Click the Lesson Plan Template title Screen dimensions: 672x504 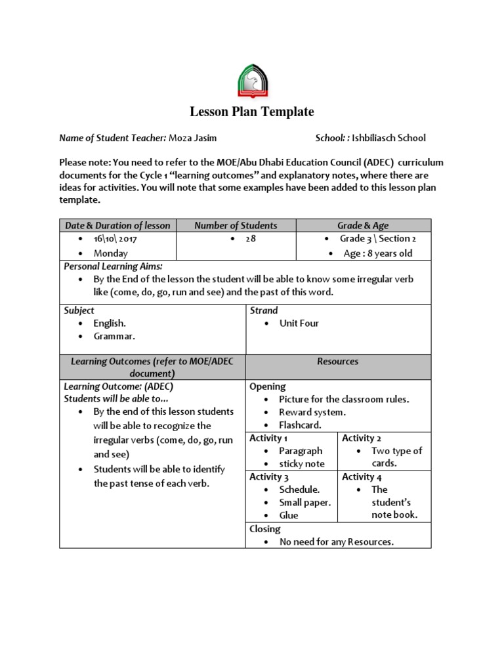point(252,112)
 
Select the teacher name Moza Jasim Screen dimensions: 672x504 point(193,138)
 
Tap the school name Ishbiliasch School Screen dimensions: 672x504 point(388,138)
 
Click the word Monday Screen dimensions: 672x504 point(111,253)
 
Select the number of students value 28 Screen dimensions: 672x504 point(251,239)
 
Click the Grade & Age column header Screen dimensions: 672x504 point(363,226)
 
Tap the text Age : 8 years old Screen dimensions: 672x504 point(378,253)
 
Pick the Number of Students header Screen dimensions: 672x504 point(236,226)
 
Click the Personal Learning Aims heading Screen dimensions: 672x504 point(113,266)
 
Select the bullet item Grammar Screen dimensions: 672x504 point(114,337)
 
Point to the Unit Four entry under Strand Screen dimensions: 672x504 point(299,324)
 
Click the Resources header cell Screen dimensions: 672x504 point(338,362)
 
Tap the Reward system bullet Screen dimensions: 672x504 point(312,412)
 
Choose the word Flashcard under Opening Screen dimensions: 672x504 point(300,425)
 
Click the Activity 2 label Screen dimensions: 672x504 point(362,438)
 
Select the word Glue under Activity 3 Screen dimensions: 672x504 point(289,516)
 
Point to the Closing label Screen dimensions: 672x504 point(265,529)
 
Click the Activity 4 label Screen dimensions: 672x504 point(362,477)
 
